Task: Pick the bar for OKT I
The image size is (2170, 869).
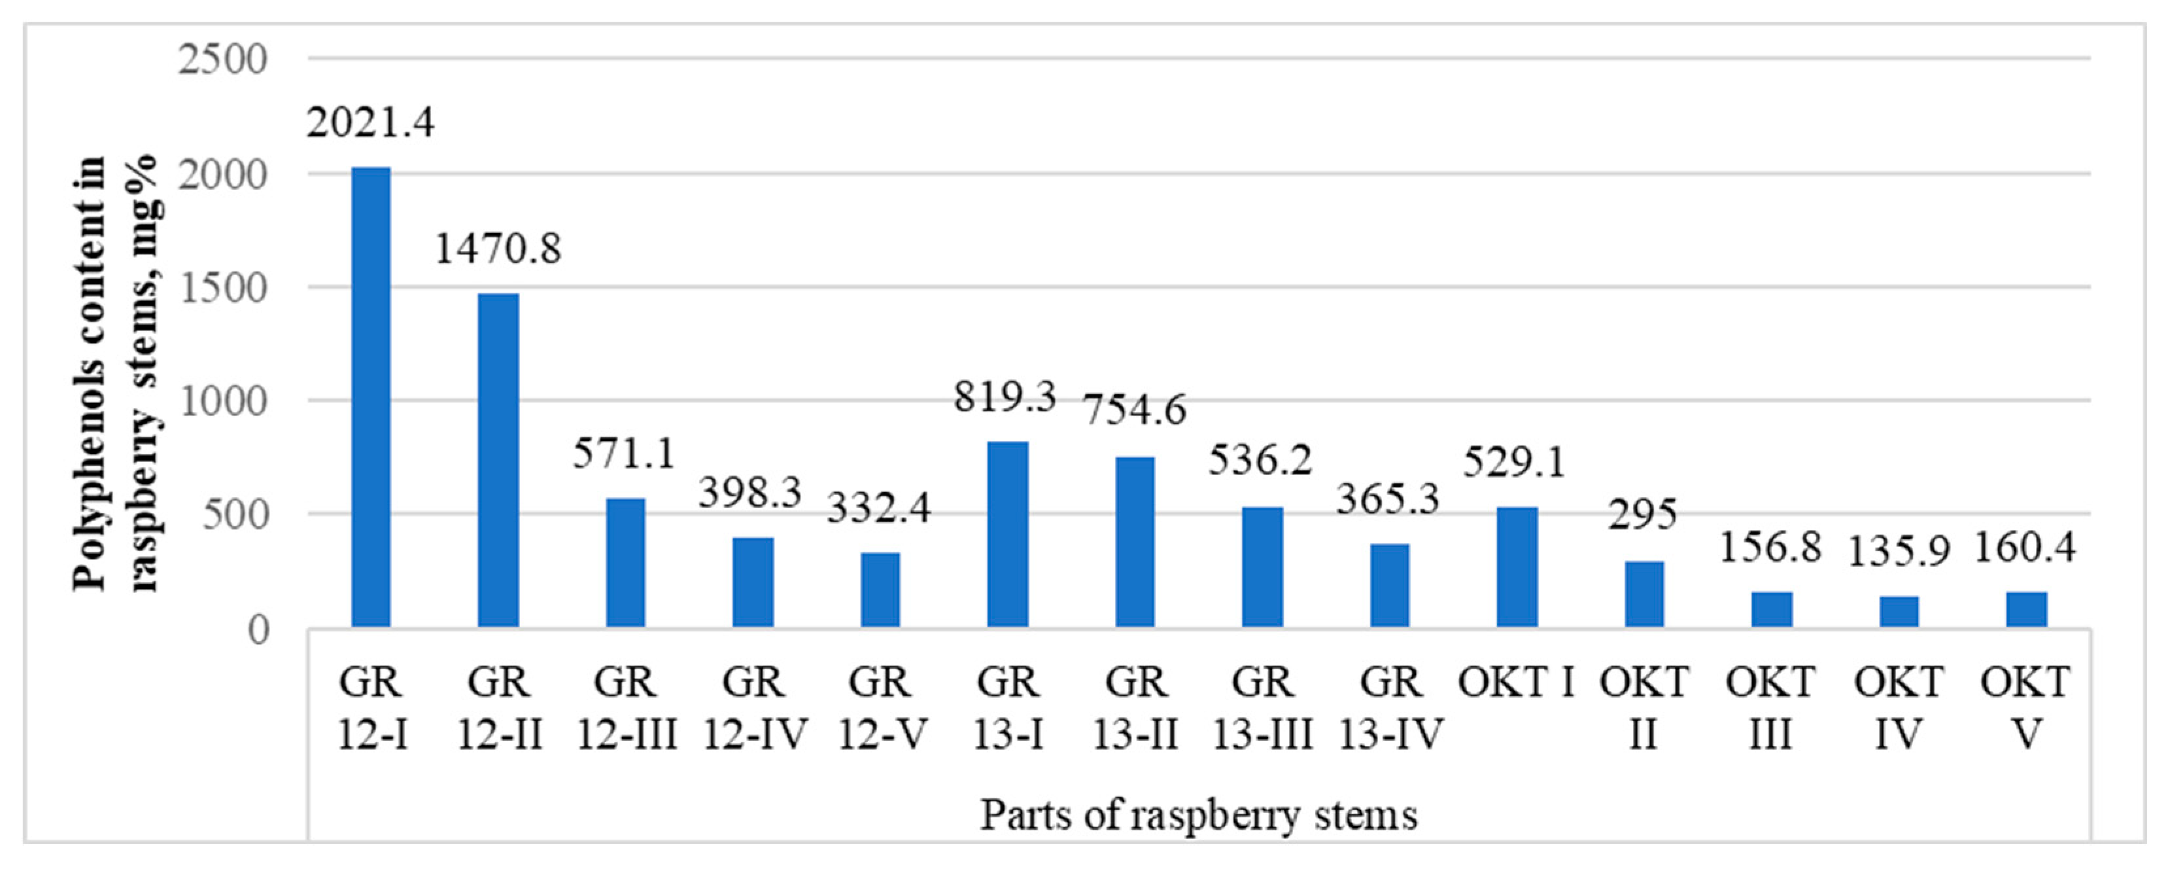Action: pyautogui.click(x=1517, y=567)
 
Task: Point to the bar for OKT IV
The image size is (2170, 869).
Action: pyautogui.click(x=1899, y=611)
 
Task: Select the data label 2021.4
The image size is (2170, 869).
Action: pyautogui.click(x=371, y=123)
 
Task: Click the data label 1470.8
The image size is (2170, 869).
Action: pyautogui.click(x=498, y=249)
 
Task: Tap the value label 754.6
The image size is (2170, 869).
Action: pyautogui.click(x=1135, y=410)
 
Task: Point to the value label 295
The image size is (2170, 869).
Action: pyautogui.click(x=1643, y=515)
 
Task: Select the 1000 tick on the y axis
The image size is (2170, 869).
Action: pyautogui.click(x=223, y=401)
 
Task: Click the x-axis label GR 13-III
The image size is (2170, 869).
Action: pyautogui.click(x=1262, y=708)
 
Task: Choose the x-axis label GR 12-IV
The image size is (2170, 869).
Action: pyautogui.click(x=753, y=708)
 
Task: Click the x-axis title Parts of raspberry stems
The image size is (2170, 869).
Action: pyautogui.click(x=1199, y=816)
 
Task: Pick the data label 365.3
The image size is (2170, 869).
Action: pyautogui.click(x=1388, y=499)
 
